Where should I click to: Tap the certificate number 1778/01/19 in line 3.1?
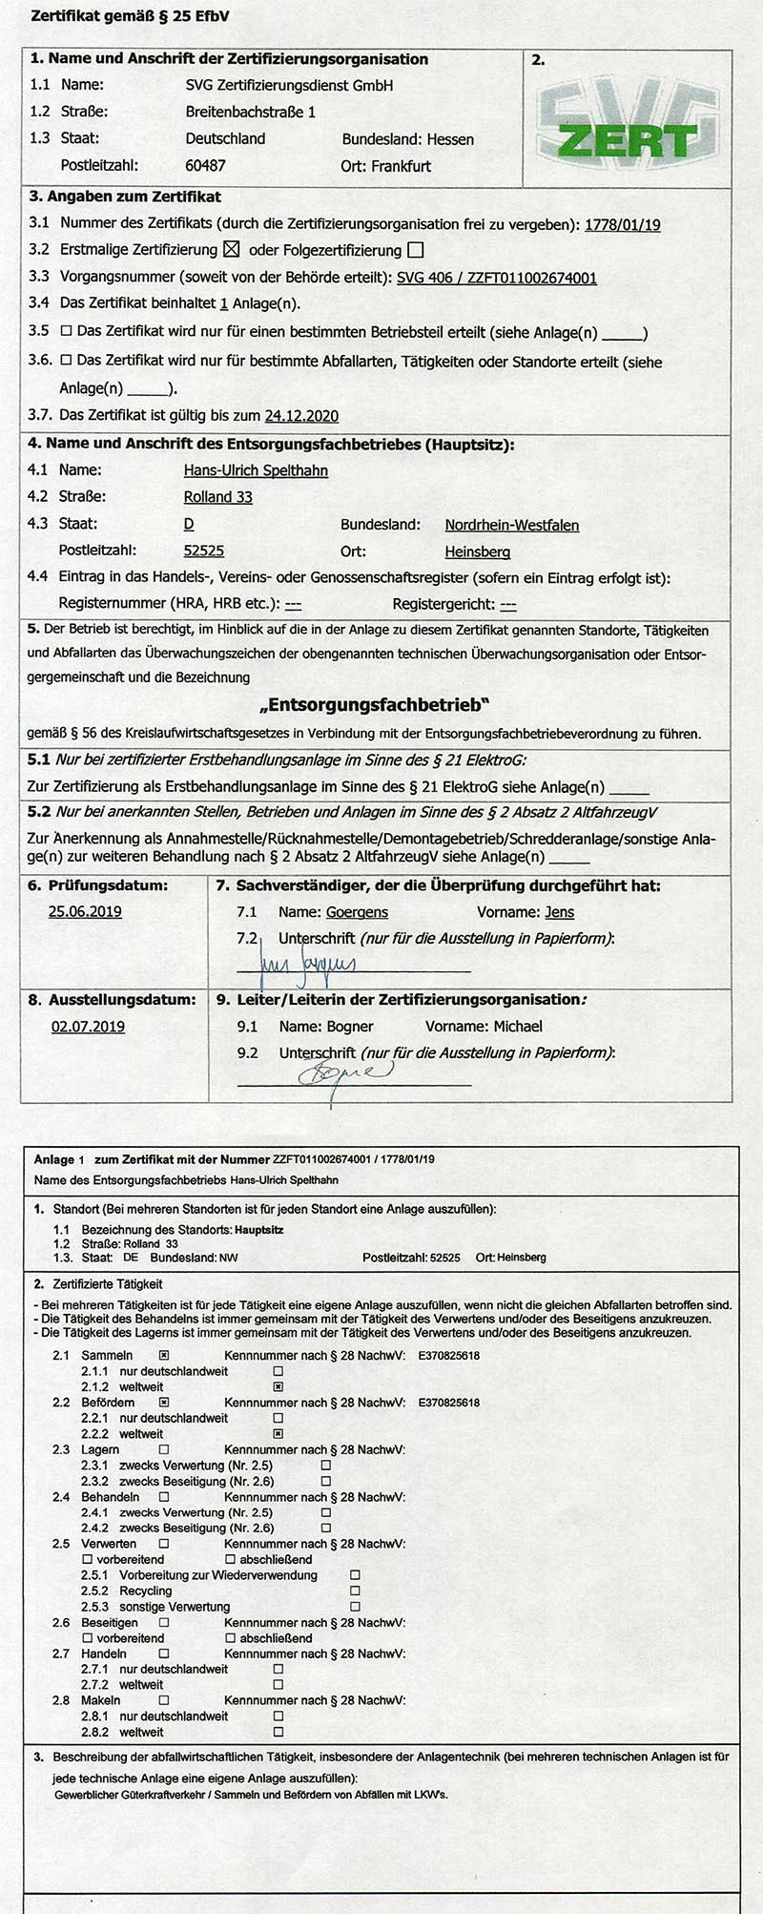pyautogui.click(x=622, y=225)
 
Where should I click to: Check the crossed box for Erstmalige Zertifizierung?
pyautogui.click(x=230, y=250)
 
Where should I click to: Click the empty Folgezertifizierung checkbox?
pyautogui.click(x=414, y=250)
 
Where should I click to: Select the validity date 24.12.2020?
pyautogui.click(x=301, y=416)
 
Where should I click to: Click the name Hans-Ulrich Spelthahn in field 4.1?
pyautogui.click(x=256, y=470)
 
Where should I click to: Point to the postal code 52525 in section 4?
pyautogui.click(x=203, y=551)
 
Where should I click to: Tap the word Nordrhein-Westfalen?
pyautogui.click(x=511, y=525)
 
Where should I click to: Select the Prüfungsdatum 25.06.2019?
pyautogui.click(x=85, y=911)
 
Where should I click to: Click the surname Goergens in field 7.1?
pyautogui.click(x=357, y=912)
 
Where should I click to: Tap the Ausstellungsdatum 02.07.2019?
pyautogui.click(x=88, y=1027)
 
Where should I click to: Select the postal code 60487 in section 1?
pyautogui.click(x=205, y=165)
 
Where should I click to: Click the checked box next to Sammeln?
pyautogui.click(x=164, y=1355)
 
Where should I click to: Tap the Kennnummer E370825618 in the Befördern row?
pyautogui.click(x=449, y=1403)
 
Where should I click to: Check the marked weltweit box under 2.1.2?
pyautogui.click(x=278, y=1386)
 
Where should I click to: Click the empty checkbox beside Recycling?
pyautogui.click(x=355, y=1591)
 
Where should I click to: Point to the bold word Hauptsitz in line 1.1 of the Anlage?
pyautogui.click(x=258, y=1230)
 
